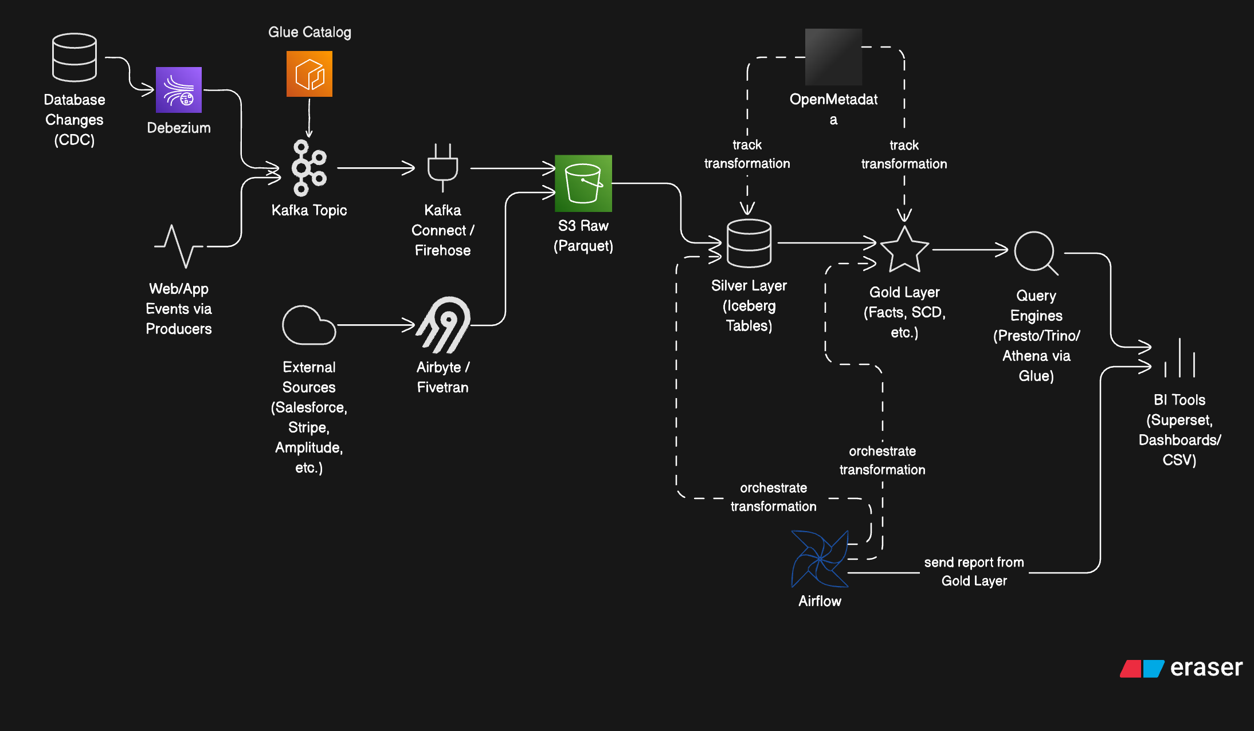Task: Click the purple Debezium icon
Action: pyautogui.click(x=179, y=90)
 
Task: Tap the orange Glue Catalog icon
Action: pyautogui.click(x=309, y=74)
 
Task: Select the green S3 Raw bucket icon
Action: pyautogui.click(x=583, y=183)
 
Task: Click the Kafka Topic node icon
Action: pyautogui.click(x=309, y=168)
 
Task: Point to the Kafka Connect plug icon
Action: pyautogui.click(x=442, y=167)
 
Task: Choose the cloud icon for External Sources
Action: pyautogui.click(x=308, y=325)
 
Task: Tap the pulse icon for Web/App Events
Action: pyautogui.click(x=178, y=246)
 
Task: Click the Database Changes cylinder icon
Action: pyautogui.click(x=75, y=57)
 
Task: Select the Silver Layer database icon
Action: pyautogui.click(x=749, y=243)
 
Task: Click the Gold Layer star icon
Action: pyautogui.click(x=904, y=250)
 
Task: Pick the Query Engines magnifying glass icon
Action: pyautogui.click(x=1036, y=253)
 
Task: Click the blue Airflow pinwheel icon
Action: pyautogui.click(x=820, y=559)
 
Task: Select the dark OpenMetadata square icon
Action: pyautogui.click(x=833, y=57)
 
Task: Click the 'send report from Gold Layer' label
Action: pyautogui.click(x=974, y=571)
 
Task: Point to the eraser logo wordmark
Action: pyautogui.click(x=1205, y=668)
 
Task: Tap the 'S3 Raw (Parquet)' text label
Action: pyautogui.click(x=583, y=235)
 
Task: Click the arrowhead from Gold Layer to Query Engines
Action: pyautogui.click(x=1002, y=250)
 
